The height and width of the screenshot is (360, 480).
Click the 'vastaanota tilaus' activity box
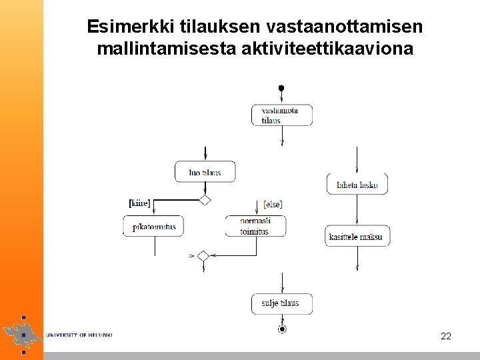click(x=282, y=115)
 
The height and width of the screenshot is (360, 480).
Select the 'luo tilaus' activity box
click(x=205, y=172)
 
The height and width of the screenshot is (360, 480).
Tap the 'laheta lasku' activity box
click(x=357, y=185)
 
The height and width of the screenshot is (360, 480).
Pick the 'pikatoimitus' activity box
click(x=153, y=227)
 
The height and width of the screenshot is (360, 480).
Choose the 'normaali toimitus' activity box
click(x=256, y=227)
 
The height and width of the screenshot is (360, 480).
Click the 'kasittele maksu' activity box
click(x=357, y=236)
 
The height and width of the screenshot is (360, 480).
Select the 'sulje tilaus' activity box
click(x=282, y=304)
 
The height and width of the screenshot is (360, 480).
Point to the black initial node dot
click(x=281, y=87)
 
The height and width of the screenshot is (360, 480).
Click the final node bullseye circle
click(x=282, y=329)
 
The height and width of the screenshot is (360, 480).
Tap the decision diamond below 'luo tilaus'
click(x=205, y=200)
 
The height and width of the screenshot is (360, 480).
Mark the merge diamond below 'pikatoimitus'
click(x=203, y=255)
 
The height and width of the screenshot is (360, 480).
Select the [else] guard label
click(x=273, y=203)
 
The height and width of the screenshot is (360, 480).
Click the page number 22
click(x=446, y=336)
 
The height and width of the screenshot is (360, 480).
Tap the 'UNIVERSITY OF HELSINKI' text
click(x=79, y=335)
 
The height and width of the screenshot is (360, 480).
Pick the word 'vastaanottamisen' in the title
click(x=345, y=27)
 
